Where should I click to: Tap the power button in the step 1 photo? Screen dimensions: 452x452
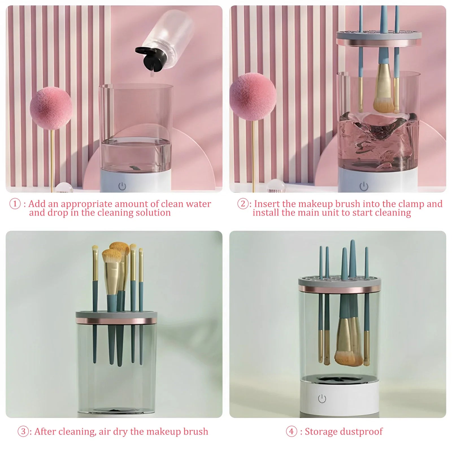coord(122,186)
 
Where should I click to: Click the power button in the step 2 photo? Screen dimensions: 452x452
coord(364,186)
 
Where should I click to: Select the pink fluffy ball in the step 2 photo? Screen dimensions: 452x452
coord(253,96)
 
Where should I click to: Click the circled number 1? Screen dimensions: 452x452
coord(15,204)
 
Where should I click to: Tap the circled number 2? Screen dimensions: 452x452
coord(243,204)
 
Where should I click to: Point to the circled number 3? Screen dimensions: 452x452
coord(23,431)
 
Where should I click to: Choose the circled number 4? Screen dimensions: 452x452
coord(291,431)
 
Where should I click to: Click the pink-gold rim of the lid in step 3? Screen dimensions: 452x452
coord(116,321)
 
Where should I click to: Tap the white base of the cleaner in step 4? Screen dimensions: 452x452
coord(339,398)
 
